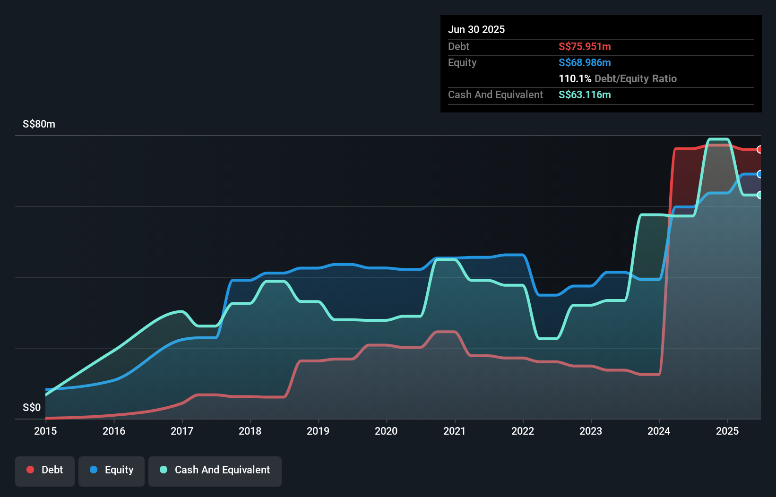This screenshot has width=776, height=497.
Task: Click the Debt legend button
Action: point(45,471)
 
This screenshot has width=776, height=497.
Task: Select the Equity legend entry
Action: point(112,471)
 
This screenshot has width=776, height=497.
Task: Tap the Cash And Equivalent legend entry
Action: point(215,471)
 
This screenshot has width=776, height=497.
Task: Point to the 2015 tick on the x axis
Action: point(45,431)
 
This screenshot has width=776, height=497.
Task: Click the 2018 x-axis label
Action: point(250,431)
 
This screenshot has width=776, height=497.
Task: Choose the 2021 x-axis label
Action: point(454,431)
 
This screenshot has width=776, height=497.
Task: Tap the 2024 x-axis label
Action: point(659,431)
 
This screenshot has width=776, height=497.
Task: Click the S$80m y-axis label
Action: point(39,124)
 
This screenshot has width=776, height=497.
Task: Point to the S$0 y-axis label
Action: point(32,407)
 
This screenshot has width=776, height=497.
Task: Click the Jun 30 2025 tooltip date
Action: point(476,29)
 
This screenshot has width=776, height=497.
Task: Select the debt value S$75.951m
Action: point(585,46)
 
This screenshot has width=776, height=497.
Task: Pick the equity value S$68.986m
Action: point(585,62)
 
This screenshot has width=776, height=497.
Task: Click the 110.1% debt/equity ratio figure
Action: point(575,78)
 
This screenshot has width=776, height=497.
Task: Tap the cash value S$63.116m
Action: point(585,94)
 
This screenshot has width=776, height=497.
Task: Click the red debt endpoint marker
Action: point(759,149)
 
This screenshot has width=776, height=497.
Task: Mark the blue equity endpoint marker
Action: point(759,174)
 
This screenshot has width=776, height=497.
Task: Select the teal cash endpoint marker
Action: point(759,195)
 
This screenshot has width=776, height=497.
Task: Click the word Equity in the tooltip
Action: point(462,62)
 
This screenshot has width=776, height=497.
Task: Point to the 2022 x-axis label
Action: point(523,431)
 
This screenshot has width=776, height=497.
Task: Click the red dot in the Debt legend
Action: point(30,470)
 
